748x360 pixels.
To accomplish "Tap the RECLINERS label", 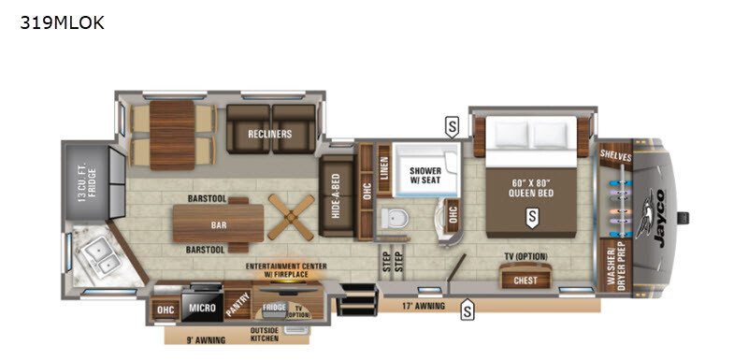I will (269, 134).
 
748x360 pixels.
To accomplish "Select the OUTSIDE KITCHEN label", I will (271, 336).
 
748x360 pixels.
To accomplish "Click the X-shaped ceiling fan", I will (288, 216).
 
